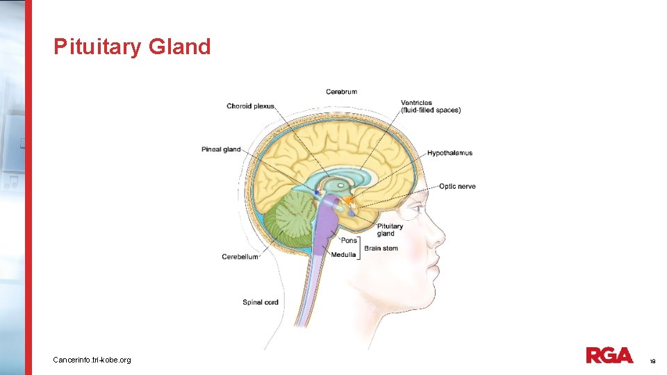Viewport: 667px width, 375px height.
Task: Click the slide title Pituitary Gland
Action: pyautogui.click(x=132, y=47)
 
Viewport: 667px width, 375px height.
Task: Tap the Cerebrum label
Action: pyautogui.click(x=341, y=92)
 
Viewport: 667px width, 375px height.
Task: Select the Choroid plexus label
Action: pyautogui.click(x=250, y=106)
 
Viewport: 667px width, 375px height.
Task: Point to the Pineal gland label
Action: pyautogui.click(x=221, y=149)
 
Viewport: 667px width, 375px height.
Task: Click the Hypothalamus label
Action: pyautogui.click(x=450, y=153)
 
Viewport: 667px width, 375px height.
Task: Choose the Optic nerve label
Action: pyautogui.click(x=457, y=186)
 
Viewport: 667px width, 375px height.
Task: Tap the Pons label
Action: pyautogui.click(x=349, y=240)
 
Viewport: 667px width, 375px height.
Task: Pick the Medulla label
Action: pyautogui.click(x=344, y=255)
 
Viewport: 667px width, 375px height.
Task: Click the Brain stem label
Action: pyautogui.click(x=381, y=248)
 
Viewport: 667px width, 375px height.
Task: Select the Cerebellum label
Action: pyautogui.click(x=240, y=257)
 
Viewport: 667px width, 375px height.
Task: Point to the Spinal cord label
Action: pyautogui.click(x=261, y=302)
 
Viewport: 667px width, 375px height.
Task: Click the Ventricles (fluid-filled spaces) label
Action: pyautogui.click(x=430, y=106)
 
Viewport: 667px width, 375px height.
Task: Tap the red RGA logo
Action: pyautogui.click(x=609, y=356)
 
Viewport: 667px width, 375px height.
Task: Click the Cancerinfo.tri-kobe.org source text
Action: pyautogui.click(x=92, y=360)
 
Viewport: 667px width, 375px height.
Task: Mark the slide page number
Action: pyautogui.click(x=652, y=361)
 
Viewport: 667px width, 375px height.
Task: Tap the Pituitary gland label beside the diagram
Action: pyautogui.click(x=390, y=230)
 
